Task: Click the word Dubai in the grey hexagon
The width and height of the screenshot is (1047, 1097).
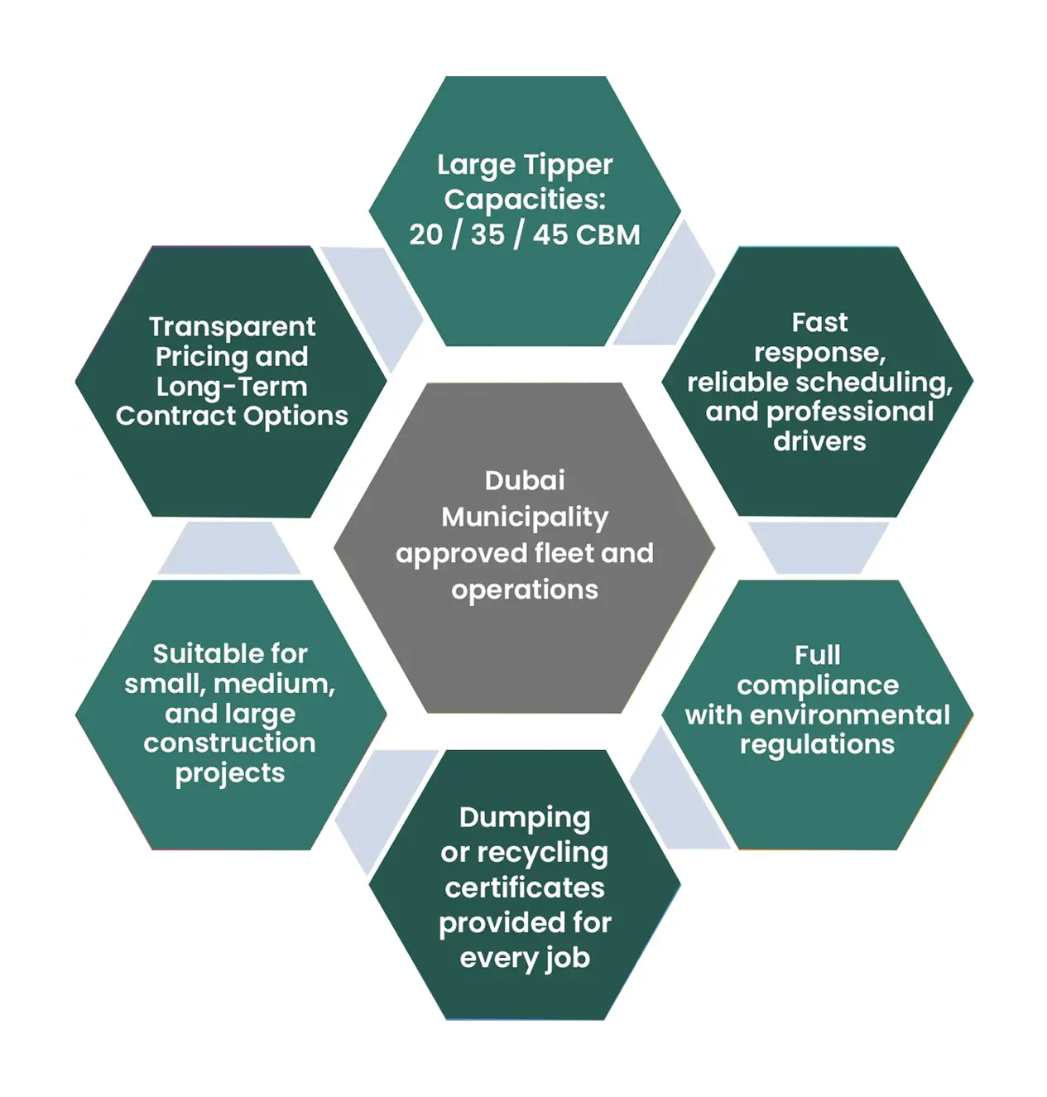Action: click(x=525, y=480)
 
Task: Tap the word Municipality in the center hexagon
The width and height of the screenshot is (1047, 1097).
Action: click(x=525, y=517)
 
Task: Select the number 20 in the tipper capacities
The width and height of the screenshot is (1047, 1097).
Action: click(x=426, y=234)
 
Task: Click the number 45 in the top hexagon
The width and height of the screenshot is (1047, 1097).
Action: click(x=550, y=234)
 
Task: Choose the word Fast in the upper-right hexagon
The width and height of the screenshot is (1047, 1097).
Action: click(x=819, y=322)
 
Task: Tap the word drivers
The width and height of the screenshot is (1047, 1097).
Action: click(x=819, y=441)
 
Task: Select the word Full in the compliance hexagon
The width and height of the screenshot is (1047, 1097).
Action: click(x=817, y=655)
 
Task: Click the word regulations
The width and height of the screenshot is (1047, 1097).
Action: click(x=817, y=745)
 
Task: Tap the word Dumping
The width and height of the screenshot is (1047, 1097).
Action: click(x=525, y=818)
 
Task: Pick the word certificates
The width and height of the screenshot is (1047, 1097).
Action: click(x=525, y=888)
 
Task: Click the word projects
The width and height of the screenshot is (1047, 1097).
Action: click(x=230, y=773)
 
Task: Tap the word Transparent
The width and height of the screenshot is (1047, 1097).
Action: click(x=232, y=326)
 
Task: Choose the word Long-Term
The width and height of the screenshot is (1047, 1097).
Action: click(x=232, y=387)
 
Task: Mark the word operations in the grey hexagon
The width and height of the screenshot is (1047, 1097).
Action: click(x=525, y=589)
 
